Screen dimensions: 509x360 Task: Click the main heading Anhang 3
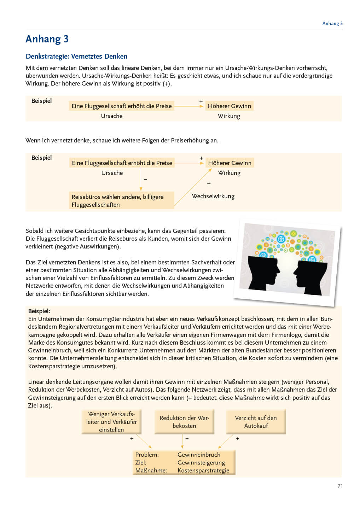click(47, 39)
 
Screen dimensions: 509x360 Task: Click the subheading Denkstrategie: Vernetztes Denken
click(76, 56)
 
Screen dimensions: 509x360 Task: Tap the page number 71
click(340, 486)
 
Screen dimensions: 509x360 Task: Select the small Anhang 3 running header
click(332, 23)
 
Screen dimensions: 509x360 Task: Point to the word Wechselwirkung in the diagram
click(213, 196)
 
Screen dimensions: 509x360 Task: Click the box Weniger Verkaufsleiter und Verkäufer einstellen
click(111, 422)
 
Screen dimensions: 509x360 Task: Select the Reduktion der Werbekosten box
click(184, 422)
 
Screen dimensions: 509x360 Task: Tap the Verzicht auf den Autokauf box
click(256, 422)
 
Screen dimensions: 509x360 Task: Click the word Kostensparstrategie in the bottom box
click(203, 470)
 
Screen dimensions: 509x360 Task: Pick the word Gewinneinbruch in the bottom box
click(199, 455)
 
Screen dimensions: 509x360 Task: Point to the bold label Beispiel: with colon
click(39, 311)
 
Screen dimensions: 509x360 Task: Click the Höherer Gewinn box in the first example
click(229, 106)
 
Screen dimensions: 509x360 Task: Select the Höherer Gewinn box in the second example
click(230, 163)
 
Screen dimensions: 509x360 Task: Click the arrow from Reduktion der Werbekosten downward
click(182, 441)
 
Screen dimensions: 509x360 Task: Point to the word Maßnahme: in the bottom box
click(151, 470)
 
